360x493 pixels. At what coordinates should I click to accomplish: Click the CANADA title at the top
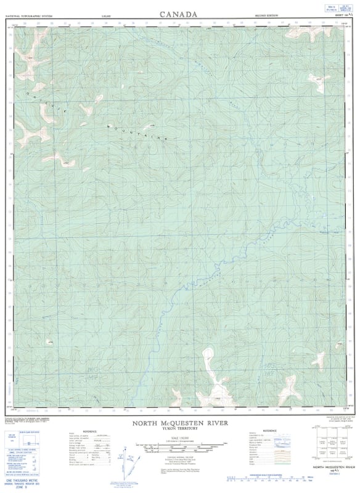[x=179, y=14]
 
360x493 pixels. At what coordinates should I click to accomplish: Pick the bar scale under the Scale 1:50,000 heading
[x=178, y=447]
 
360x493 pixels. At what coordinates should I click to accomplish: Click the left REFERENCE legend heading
[x=89, y=431]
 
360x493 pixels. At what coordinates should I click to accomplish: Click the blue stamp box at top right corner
[x=337, y=9]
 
